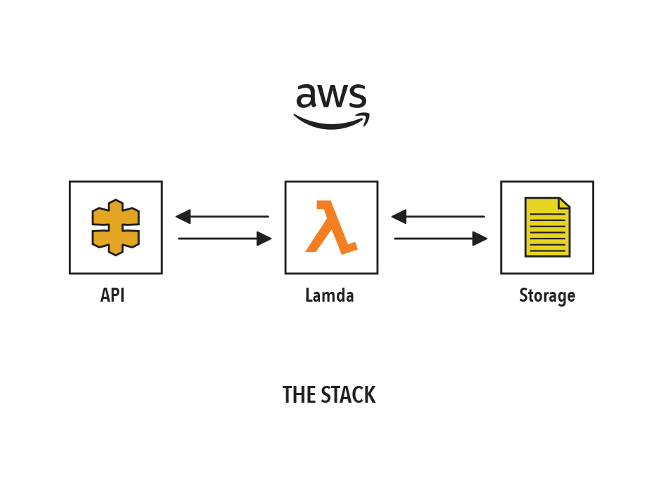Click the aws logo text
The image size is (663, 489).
coord(331,95)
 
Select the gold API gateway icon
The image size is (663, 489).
coord(116,227)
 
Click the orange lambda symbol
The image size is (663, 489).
coord(331,227)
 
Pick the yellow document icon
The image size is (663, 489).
coord(547,227)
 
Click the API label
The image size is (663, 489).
coord(112,295)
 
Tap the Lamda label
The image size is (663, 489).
coord(329,295)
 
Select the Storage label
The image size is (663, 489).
coord(547,296)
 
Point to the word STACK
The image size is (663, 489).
coord(349,395)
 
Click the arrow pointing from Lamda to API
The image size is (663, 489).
coord(222,216)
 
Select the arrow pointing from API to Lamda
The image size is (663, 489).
coord(225,239)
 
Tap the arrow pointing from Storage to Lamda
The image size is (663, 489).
coord(438,216)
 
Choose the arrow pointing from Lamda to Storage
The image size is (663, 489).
coord(441,239)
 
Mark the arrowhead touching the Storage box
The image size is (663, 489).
coord(481,239)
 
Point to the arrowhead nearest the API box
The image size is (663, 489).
coord(183,216)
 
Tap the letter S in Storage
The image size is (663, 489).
coord(523,295)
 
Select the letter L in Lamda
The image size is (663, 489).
coord(309,295)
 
